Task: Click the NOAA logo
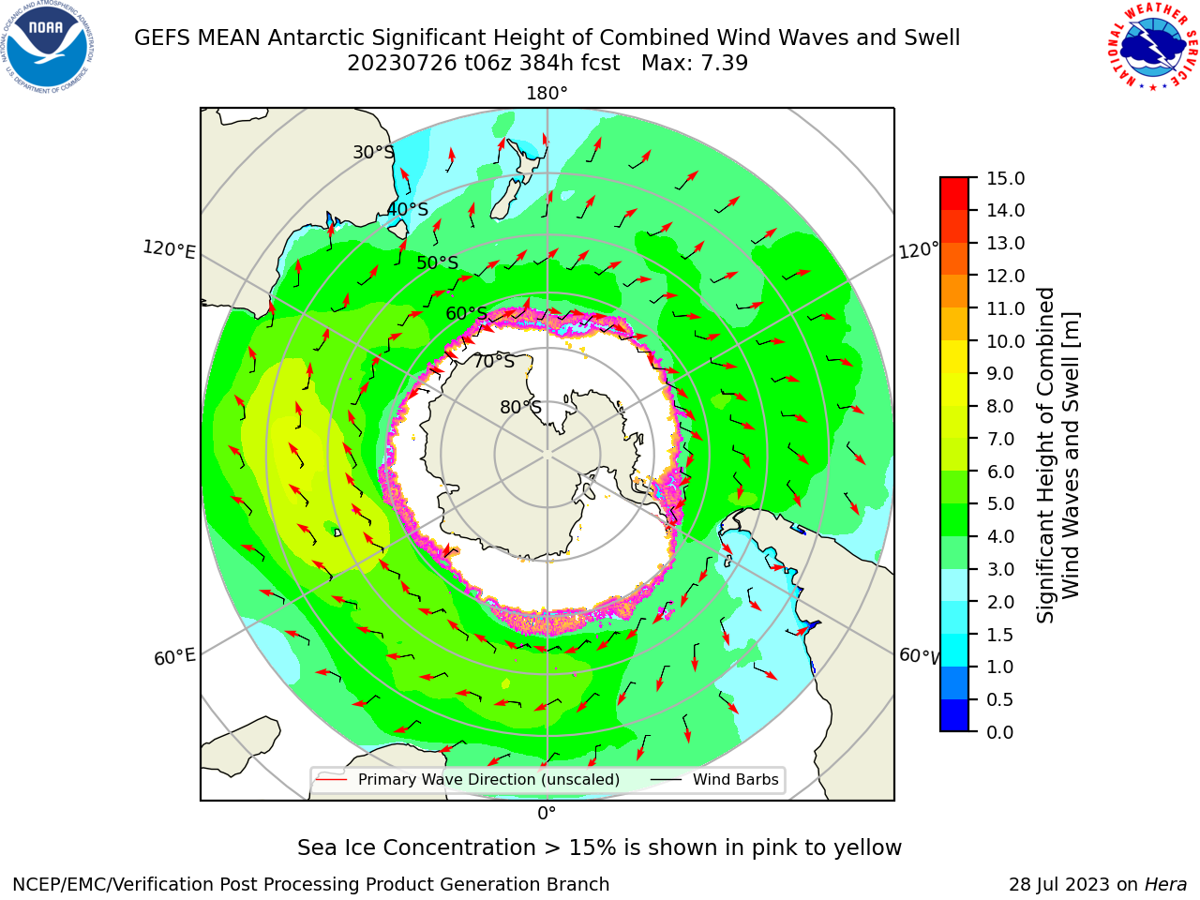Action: pyautogui.click(x=47, y=47)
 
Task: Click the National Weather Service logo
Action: pyautogui.click(x=1153, y=47)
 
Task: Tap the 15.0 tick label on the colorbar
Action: pyautogui.click(x=1005, y=178)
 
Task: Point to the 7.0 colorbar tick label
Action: pyautogui.click(x=1000, y=439)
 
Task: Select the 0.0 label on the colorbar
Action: pyautogui.click(x=1000, y=732)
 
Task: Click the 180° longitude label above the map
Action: pyautogui.click(x=547, y=94)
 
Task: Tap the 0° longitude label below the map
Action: pyautogui.click(x=547, y=814)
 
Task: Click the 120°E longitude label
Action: pyautogui.click(x=169, y=249)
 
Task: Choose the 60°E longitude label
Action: pyautogui.click(x=174, y=656)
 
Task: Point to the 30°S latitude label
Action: pyautogui.click(x=373, y=152)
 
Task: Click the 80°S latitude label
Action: pyautogui.click(x=520, y=407)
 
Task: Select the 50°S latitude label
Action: pyautogui.click(x=438, y=262)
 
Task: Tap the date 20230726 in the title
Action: pyautogui.click(x=402, y=64)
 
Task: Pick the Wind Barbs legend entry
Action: pyautogui.click(x=714, y=779)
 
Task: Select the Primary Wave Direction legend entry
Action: pyautogui.click(x=469, y=779)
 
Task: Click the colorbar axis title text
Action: pyautogui.click(x=1057, y=455)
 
